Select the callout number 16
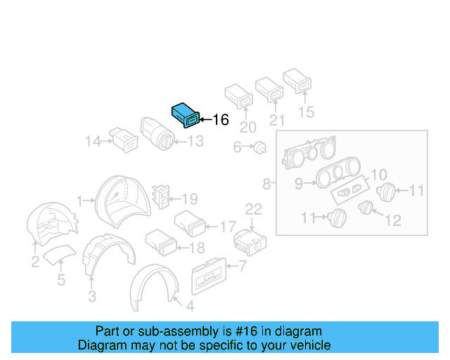coord(220,120)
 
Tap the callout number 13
coord(195,141)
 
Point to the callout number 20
coord(248,127)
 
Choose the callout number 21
coord(278,120)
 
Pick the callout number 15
coord(306,112)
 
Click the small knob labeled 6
coord(260,148)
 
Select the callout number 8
coord(267,185)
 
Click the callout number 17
coord(228,226)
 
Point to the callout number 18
coord(196,247)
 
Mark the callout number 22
coord(253,209)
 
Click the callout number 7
coord(243,266)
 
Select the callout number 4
coord(189,306)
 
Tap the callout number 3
coord(91,297)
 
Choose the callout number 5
coord(61,281)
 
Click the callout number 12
coord(392,220)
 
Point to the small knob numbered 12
coord(365,207)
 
